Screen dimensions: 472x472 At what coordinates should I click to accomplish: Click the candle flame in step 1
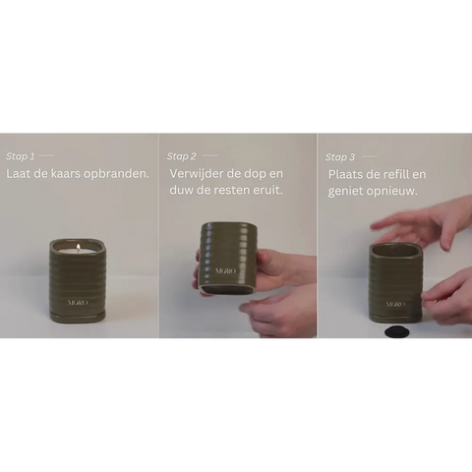(x=79, y=247)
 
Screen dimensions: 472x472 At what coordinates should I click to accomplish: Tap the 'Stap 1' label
(x=20, y=156)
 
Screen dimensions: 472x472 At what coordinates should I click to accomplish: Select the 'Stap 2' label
(x=181, y=156)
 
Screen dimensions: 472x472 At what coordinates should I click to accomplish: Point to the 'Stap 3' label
(x=340, y=157)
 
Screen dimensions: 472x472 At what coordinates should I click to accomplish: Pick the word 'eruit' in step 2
(x=268, y=190)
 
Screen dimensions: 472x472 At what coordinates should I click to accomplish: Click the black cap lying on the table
(x=395, y=331)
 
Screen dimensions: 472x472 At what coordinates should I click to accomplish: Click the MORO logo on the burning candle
(x=78, y=303)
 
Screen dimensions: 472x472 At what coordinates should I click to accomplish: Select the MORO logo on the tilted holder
(x=225, y=271)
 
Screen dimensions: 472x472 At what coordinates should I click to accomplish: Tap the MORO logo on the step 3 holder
(x=395, y=304)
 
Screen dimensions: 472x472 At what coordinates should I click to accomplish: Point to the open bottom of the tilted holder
(x=226, y=289)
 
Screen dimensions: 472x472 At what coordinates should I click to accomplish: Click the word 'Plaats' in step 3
(x=345, y=174)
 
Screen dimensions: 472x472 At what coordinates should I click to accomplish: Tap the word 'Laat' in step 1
(x=19, y=173)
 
